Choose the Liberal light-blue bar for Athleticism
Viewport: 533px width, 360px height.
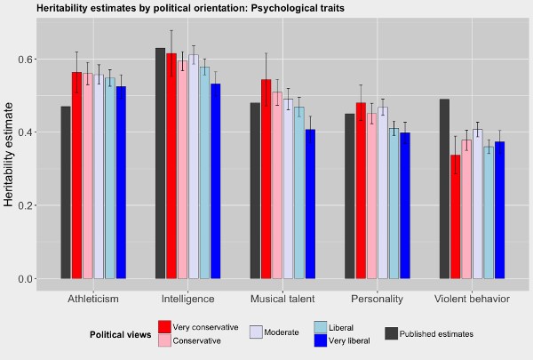110,178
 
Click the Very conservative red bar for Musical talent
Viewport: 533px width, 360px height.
266,179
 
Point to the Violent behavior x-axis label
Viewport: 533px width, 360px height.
472,299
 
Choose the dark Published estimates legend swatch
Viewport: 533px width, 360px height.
391,333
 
